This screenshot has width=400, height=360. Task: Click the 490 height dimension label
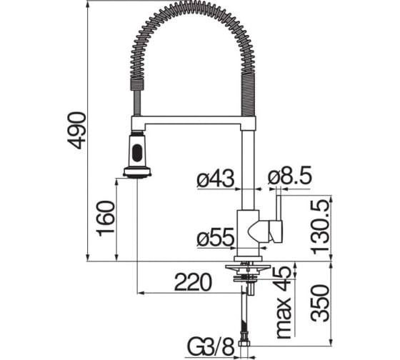77,131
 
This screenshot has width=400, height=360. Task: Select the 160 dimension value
106,219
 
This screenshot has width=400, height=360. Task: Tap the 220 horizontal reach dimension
193,282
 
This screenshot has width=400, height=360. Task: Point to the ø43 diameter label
215,179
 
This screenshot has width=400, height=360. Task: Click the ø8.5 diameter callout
290,175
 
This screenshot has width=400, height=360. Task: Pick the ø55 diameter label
215,236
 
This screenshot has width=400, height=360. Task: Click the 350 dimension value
319,304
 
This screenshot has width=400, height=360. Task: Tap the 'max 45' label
284,303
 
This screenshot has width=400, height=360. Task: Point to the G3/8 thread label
211,346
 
